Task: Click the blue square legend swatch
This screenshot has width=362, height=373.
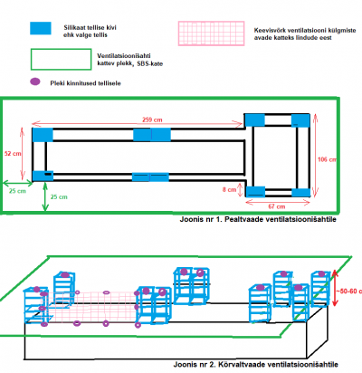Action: pos(41,28)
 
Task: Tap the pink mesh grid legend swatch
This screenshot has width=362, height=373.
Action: pos(211,33)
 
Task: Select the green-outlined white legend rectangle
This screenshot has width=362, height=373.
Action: pos(61,60)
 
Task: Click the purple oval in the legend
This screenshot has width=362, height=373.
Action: pos(35,81)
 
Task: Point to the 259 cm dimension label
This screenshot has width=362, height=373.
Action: pos(152,120)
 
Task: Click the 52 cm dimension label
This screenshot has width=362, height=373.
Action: pos(13,154)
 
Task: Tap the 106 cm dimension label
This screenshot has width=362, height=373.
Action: pos(327,159)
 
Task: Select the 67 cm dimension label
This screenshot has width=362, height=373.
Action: pos(277,206)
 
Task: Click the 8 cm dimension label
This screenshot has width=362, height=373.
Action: pos(229,190)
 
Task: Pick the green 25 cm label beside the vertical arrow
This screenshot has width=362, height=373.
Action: pos(59,197)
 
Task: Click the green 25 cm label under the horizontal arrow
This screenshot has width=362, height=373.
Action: pos(17,191)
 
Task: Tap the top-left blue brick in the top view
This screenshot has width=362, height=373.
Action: pos(43,135)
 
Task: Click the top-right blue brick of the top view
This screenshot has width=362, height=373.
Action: pos(300,120)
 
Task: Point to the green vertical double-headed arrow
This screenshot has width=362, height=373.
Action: pos(45,196)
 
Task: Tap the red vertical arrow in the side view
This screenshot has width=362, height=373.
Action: pos(335,288)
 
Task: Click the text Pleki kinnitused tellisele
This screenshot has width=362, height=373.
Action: pos(85,83)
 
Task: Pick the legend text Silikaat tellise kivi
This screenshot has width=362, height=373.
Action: pos(90,27)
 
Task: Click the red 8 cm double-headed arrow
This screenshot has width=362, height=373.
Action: pos(240,190)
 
